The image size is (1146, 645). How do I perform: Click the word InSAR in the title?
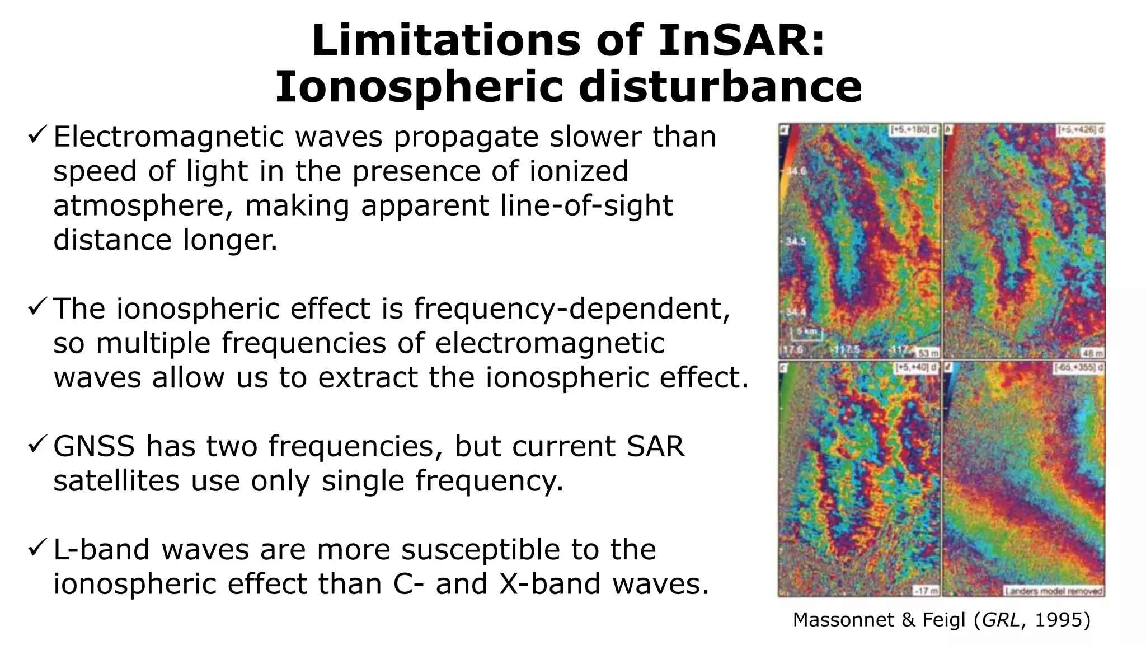tap(741, 40)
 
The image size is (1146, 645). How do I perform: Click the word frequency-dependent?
tap(572, 309)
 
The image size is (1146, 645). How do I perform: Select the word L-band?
tap(101, 549)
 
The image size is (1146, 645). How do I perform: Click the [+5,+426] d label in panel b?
tap(1080, 130)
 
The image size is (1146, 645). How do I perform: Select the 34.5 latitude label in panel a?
tap(796, 241)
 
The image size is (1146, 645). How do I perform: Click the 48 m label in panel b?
tap(1092, 353)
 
